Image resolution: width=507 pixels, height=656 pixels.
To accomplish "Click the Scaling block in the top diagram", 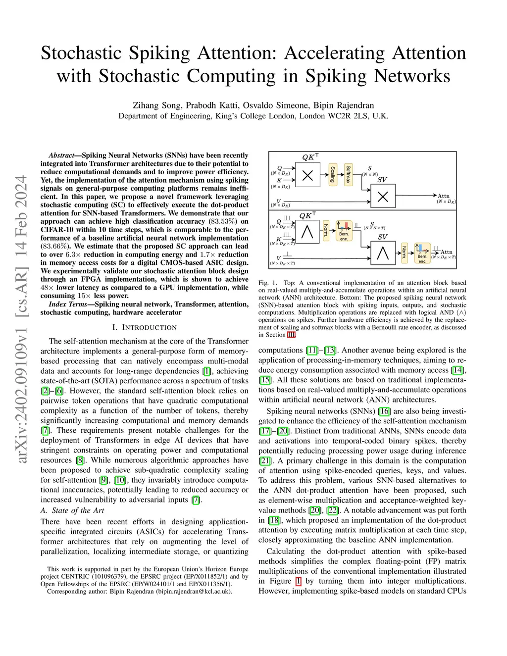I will point(333,175).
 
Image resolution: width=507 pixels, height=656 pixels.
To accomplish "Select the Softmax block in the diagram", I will point(348,175).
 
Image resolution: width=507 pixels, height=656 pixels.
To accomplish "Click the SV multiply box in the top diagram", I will point(383,197).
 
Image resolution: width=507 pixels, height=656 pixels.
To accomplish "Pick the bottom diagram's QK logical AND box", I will point(307,232).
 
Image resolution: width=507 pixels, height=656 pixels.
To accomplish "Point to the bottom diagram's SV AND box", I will point(383,253).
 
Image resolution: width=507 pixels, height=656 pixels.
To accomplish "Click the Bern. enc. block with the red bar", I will point(344,231).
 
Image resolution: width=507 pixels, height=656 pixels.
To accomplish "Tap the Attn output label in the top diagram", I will point(444,196).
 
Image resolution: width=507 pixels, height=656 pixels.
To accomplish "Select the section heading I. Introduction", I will point(144,327).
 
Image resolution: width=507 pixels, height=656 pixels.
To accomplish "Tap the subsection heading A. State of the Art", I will point(72,510).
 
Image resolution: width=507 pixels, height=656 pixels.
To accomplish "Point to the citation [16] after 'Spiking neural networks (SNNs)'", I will point(384,411).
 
